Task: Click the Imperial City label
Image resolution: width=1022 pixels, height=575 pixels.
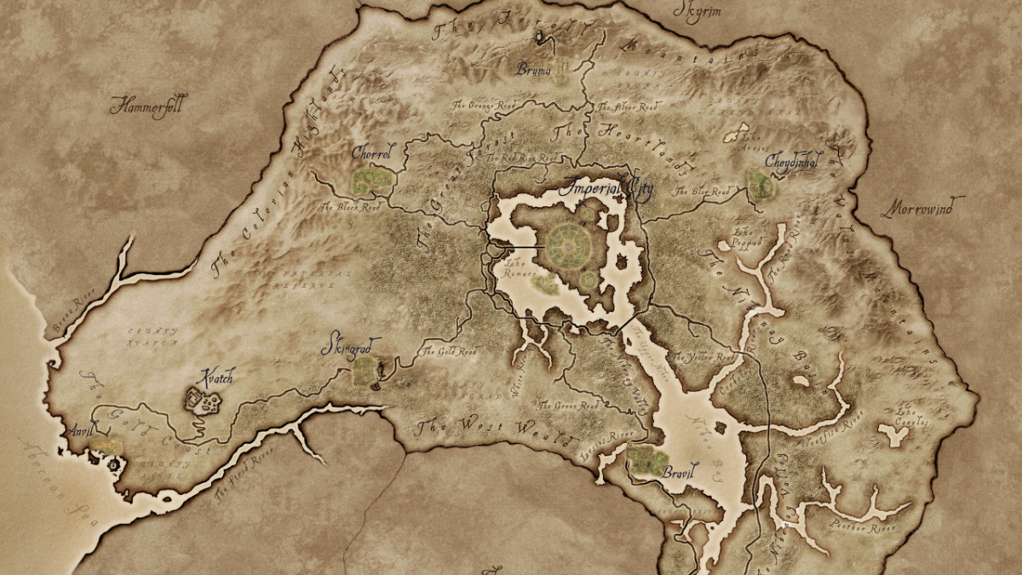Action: coord(606,187)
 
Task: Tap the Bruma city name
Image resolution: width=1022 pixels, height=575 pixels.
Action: coord(534,70)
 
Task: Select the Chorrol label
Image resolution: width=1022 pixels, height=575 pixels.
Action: coord(372,154)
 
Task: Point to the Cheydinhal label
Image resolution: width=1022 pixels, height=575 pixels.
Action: coord(794,159)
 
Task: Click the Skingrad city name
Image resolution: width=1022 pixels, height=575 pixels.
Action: coord(351,347)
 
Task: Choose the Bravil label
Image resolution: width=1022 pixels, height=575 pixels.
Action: coord(680,469)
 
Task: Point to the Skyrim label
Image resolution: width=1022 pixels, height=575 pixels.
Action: coord(698,11)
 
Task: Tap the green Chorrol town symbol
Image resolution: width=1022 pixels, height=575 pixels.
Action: coord(373,180)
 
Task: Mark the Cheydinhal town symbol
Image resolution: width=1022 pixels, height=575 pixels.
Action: coord(760,186)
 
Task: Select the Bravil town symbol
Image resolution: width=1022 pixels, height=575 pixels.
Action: coord(647,460)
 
